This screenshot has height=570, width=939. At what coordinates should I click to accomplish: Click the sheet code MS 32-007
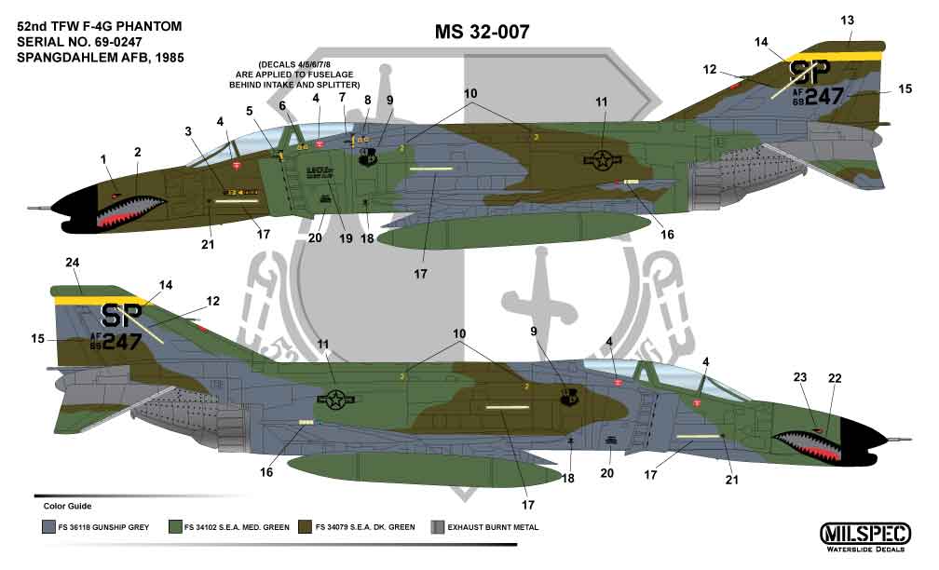click(483, 33)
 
